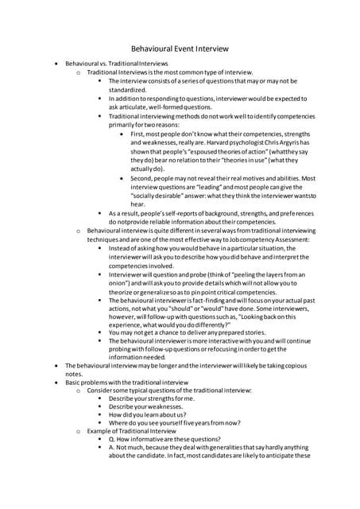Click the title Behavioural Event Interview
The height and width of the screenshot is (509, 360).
180,47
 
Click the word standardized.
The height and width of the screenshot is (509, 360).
133,91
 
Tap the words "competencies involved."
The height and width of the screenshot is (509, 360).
142,266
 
